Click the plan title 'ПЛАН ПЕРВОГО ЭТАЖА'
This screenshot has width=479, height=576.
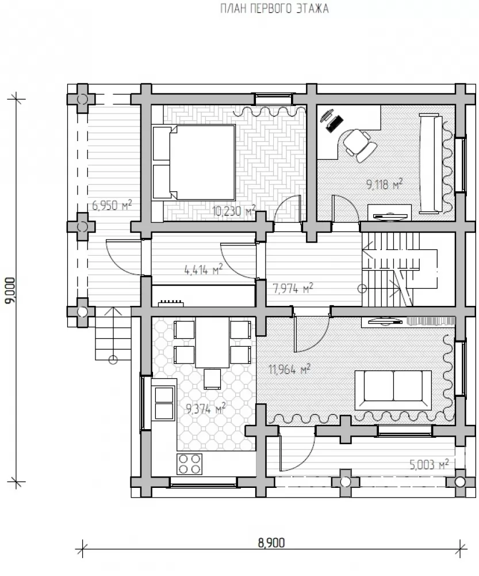point(274,9)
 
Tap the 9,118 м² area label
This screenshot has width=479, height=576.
point(384,184)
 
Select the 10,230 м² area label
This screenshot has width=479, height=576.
point(233,211)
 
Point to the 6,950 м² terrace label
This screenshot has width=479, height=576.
point(112,205)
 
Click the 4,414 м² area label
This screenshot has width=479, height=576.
point(204,270)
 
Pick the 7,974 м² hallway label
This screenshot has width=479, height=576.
point(293,289)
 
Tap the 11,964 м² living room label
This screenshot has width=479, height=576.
point(289,369)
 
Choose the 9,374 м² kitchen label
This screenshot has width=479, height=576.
point(206,408)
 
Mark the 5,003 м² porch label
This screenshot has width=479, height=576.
point(429,464)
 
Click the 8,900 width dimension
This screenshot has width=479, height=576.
point(271,542)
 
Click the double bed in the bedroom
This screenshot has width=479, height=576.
point(194,163)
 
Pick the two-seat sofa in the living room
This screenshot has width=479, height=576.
point(393,390)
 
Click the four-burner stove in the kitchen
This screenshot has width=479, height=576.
point(189,464)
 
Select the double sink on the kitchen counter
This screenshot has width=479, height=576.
point(164,403)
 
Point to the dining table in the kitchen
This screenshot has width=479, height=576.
point(212,342)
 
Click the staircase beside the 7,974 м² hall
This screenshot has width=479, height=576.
point(400,269)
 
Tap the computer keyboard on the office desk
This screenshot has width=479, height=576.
point(335,124)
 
